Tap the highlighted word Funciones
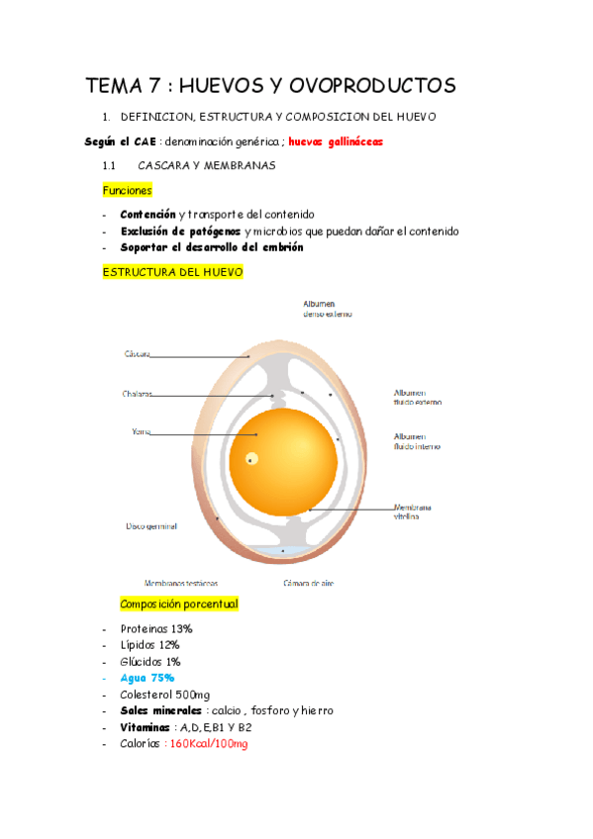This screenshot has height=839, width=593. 127,190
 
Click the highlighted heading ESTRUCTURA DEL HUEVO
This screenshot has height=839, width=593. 172,271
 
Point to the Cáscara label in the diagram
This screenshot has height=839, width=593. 137,353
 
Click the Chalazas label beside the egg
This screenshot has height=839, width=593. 138,394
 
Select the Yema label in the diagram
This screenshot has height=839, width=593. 140,431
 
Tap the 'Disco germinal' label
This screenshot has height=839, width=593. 151,526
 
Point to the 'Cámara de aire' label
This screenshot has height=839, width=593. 308,583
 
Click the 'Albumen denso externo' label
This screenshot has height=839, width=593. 328,309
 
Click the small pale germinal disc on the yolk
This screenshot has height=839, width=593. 252,458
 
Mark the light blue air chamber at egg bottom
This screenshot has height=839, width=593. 285,550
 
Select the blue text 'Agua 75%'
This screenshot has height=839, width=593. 147,678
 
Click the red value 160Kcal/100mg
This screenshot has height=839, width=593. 208,743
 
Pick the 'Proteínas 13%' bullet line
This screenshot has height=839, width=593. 155,629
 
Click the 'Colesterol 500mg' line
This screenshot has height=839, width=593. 164,695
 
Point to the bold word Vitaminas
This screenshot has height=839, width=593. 146,726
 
